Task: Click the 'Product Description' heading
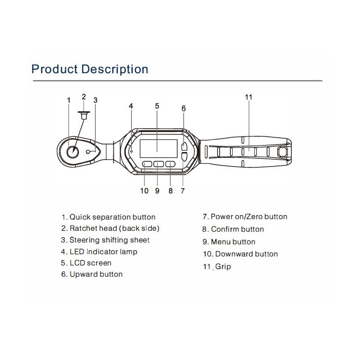pos(90,69)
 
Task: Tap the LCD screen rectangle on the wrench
pos(158,148)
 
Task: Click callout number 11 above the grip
pos(249,97)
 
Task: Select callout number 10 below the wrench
pos(144,191)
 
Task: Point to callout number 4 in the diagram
pos(131,106)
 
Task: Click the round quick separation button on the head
pos(72,152)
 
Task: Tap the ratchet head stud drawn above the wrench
pos(84,115)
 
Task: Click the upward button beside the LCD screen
pos(184,146)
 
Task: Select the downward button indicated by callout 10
pos(147,164)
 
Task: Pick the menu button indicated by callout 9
pos(159,164)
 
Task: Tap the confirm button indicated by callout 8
pos(171,164)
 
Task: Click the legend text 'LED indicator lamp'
pos(103,252)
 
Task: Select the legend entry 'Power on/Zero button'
pos(249,216)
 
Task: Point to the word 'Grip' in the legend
pos(223,267)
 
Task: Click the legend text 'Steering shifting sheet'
pos(109,240)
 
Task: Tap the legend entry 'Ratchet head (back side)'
pos(114,229)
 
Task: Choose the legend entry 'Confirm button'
pos(238,229)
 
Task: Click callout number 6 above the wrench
pos(184,108)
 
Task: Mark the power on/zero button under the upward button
pos(184,157)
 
